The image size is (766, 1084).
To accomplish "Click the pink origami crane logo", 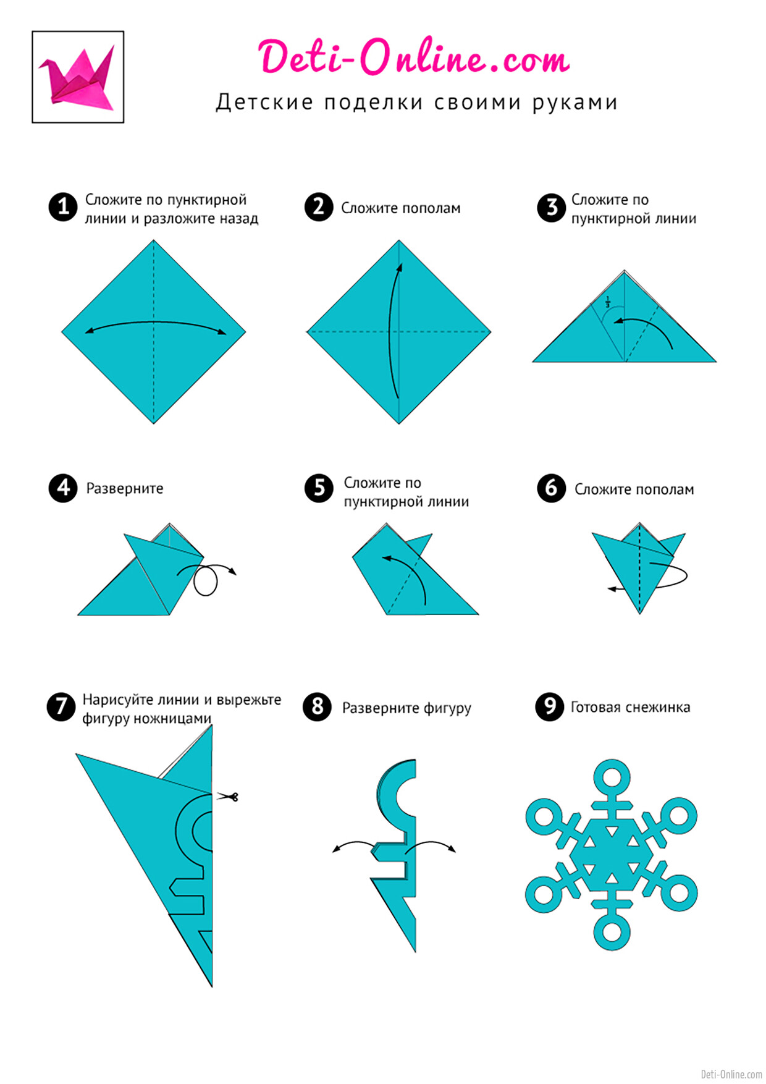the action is pos(78,77).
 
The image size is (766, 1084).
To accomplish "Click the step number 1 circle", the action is pos(63,206).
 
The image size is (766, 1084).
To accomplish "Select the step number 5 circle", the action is pos(319,488).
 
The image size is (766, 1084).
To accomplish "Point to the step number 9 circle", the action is pos(550,706).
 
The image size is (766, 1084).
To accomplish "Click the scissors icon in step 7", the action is pos(227,797).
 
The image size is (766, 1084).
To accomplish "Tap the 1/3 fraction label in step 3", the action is pos(607,302).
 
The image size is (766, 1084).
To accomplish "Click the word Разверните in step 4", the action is pos(125,489).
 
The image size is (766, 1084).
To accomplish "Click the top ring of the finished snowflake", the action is pos(612,763).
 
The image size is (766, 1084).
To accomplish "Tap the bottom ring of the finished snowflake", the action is pos(612,949).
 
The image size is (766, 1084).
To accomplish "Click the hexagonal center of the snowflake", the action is pos(612,855).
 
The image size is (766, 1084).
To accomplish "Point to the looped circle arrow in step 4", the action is pos(206,593).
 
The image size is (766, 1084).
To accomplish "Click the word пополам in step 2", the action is pos(430,208).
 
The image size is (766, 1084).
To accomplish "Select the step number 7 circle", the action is pos(61,706).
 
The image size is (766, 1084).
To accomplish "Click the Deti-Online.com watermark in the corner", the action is pos(731,1074).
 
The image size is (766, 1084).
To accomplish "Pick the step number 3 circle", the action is pos(552,208).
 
